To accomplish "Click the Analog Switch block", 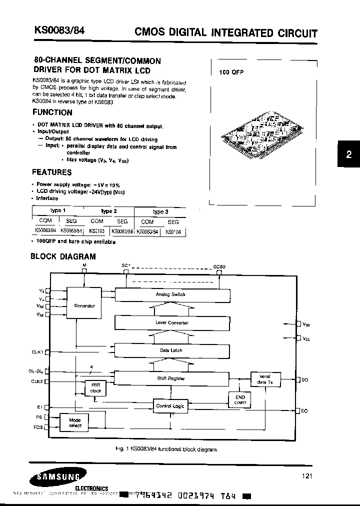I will click(170, 294).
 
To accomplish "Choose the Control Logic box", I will click(170, 406).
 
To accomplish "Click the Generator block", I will click(84, 305).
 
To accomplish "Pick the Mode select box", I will click(75, 422).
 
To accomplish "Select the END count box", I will click(240, 399).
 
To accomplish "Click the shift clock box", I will click(95, 388).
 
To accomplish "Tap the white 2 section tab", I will click(348, 155).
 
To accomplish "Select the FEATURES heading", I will click(51, 172).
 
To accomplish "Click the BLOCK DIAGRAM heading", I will click(63, 256).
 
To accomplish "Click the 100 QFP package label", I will click(231, 72).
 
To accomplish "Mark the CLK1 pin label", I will click(38, 351).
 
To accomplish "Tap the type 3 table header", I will click(159, 211).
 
